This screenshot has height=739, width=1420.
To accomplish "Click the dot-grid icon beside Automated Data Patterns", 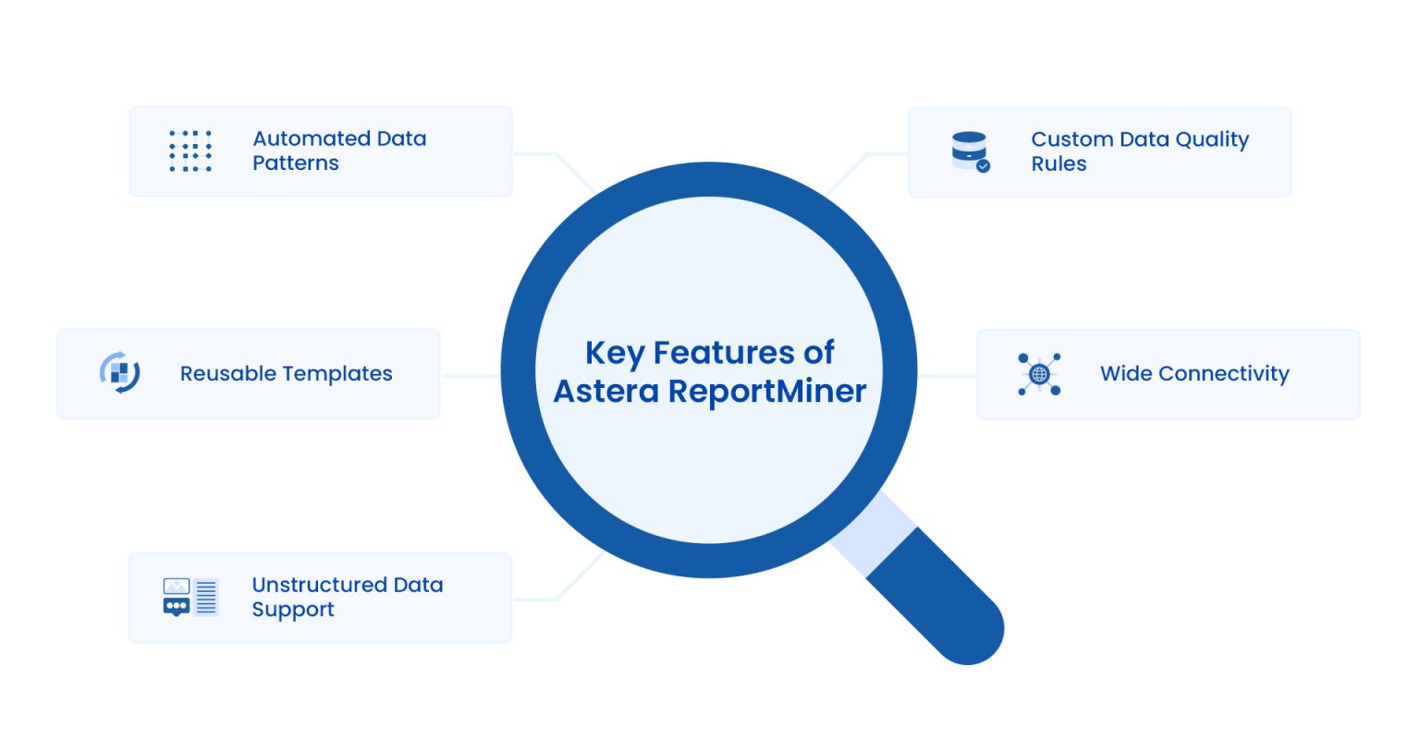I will pos(190,151).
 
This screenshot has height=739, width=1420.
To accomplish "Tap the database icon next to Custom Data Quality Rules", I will pos(970,151).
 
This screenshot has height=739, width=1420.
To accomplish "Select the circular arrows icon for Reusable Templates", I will pos(119,373).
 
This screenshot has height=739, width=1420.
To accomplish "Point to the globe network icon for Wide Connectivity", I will pos(1039,374).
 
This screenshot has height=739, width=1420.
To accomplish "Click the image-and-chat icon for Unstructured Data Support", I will pos(190,598).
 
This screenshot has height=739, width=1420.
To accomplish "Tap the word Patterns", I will pos(296,164).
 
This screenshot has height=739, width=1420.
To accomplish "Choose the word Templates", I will pos(338,374).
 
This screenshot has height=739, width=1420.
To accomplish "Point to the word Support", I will pos(293,610).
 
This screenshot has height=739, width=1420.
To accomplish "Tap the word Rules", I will pos(1059,164).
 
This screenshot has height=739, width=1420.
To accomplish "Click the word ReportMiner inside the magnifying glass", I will pos(767,392).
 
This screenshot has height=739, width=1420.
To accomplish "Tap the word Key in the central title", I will pos(615,353).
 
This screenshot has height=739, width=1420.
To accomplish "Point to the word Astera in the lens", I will pos(606,392).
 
